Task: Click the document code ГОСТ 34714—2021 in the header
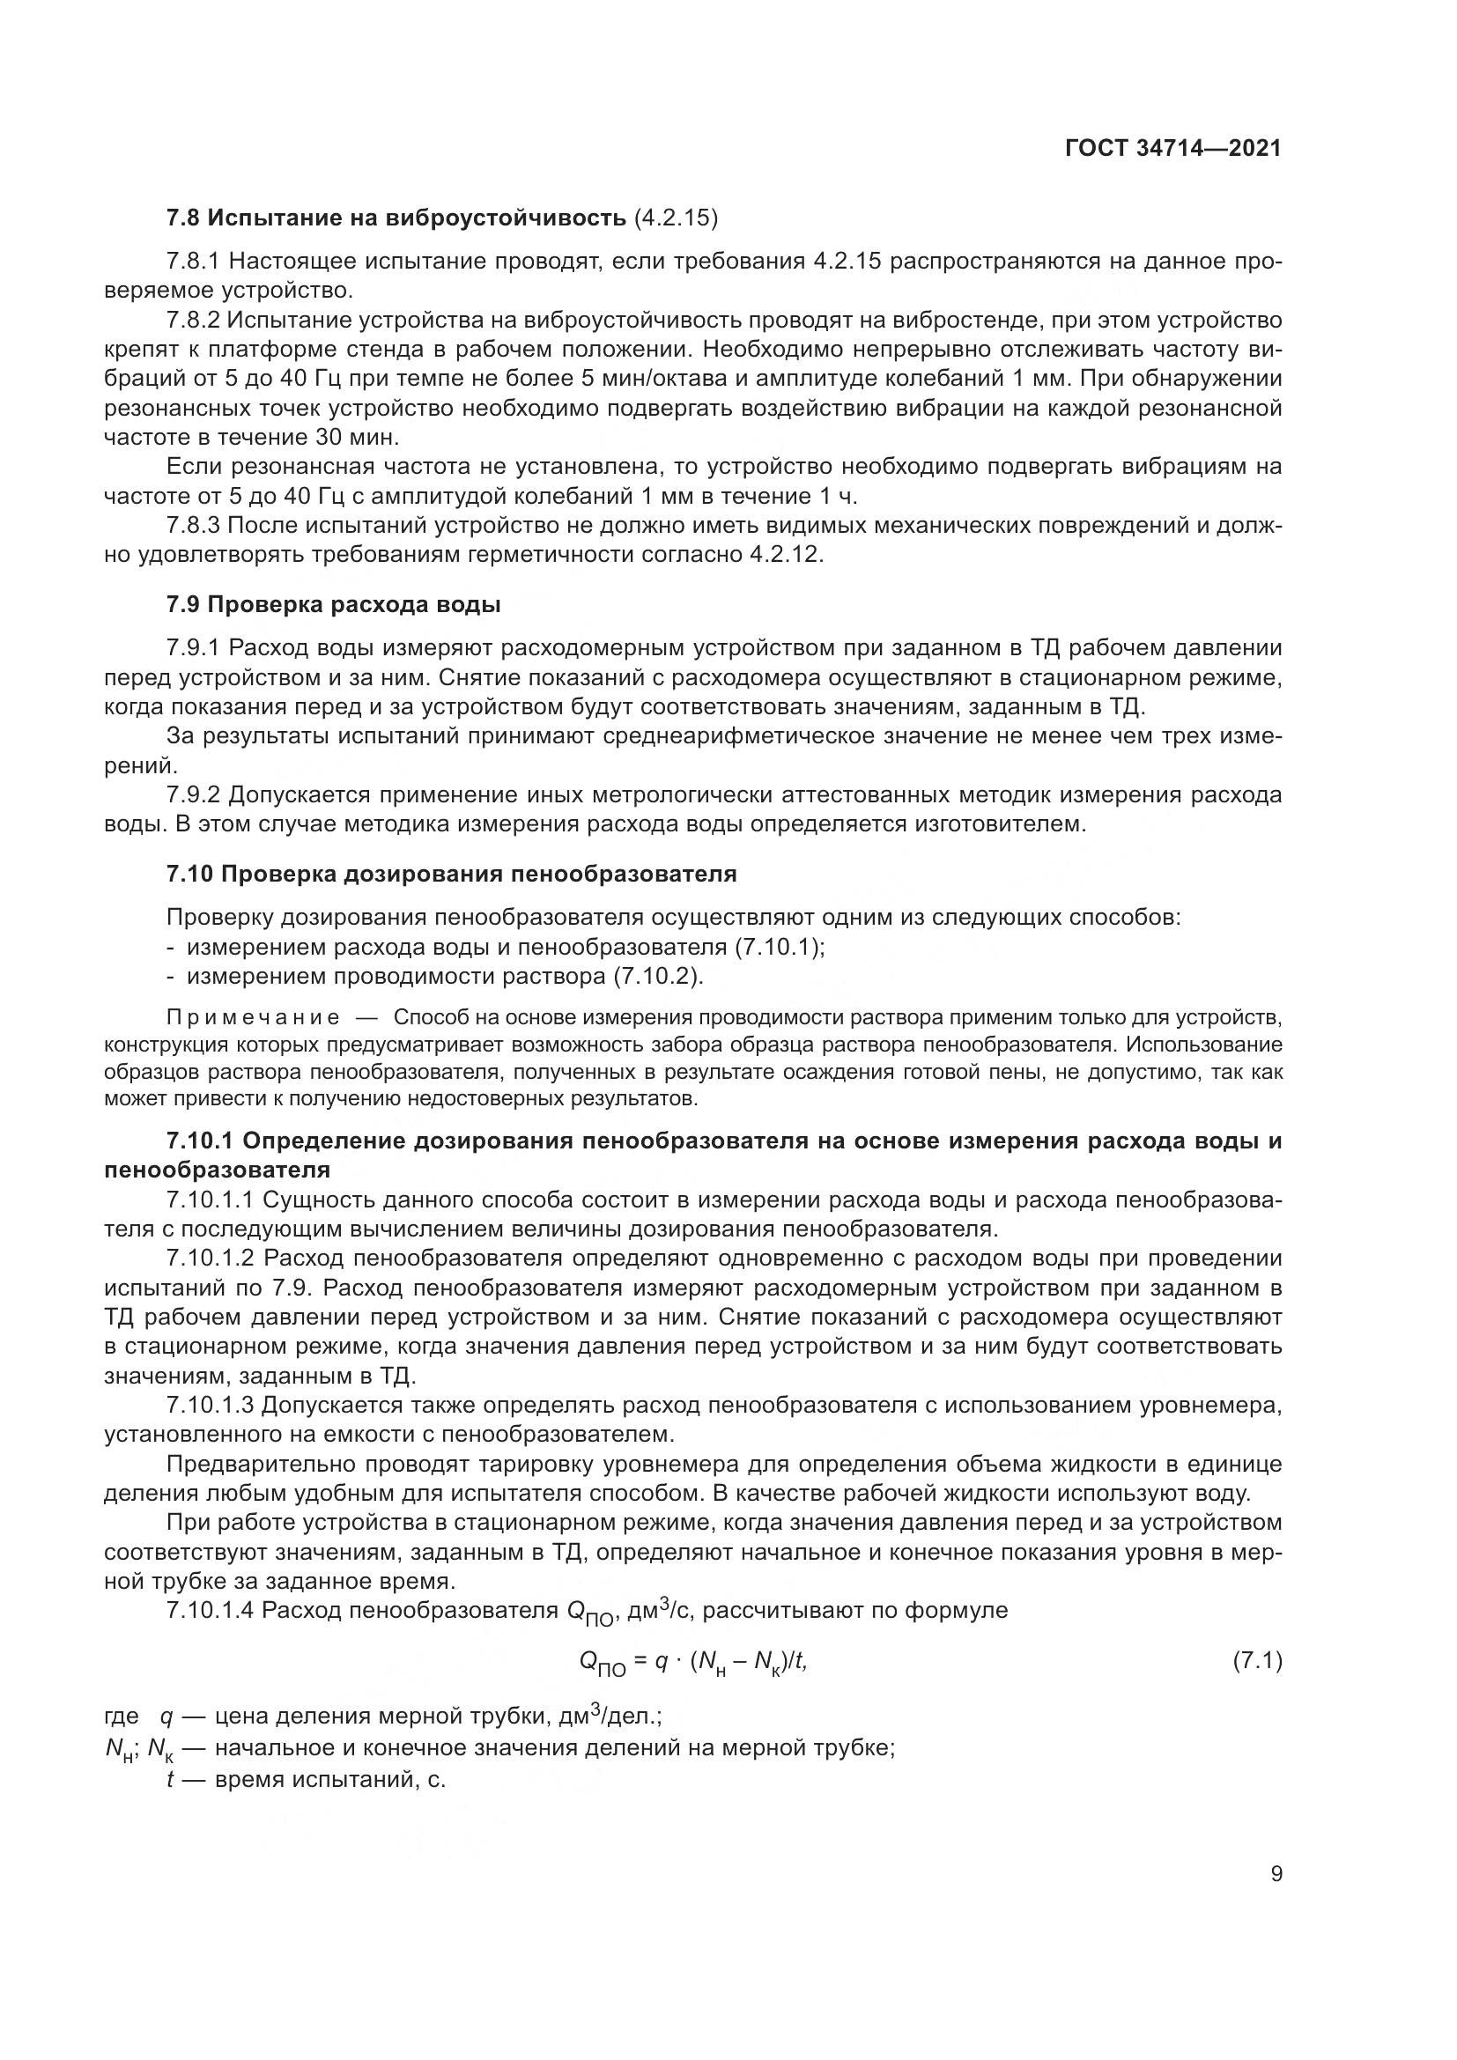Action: (x=1172, y=148)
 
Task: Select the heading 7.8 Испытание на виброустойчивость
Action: (x=395, y=218)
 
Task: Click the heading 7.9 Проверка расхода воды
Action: (x=333, y=605)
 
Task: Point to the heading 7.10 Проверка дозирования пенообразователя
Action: (x=451, y=874)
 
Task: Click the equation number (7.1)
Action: (x=1258, y=1661)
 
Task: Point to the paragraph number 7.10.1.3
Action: (x=211, y=1405)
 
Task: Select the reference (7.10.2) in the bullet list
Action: (x=658, y=976)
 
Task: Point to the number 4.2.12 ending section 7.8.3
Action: (x=784, y=555)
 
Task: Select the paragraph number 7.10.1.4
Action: (x=211, y=1611)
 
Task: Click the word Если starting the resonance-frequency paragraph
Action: (x=194, y=467)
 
